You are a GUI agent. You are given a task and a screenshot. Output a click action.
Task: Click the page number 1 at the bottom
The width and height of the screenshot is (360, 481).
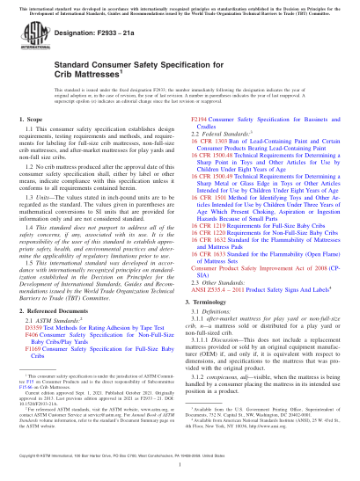pos(180,464)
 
